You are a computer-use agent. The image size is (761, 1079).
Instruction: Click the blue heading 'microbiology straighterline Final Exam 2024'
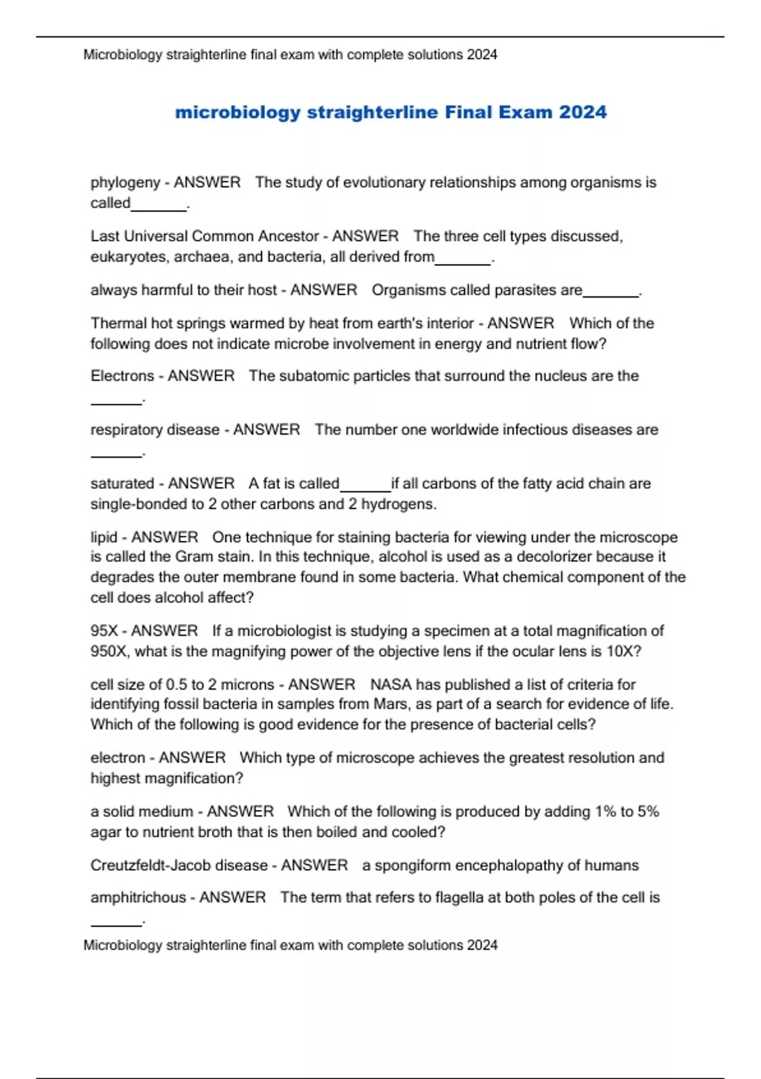tap(391, 112)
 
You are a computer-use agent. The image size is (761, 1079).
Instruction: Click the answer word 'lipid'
tap(103, 537)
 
